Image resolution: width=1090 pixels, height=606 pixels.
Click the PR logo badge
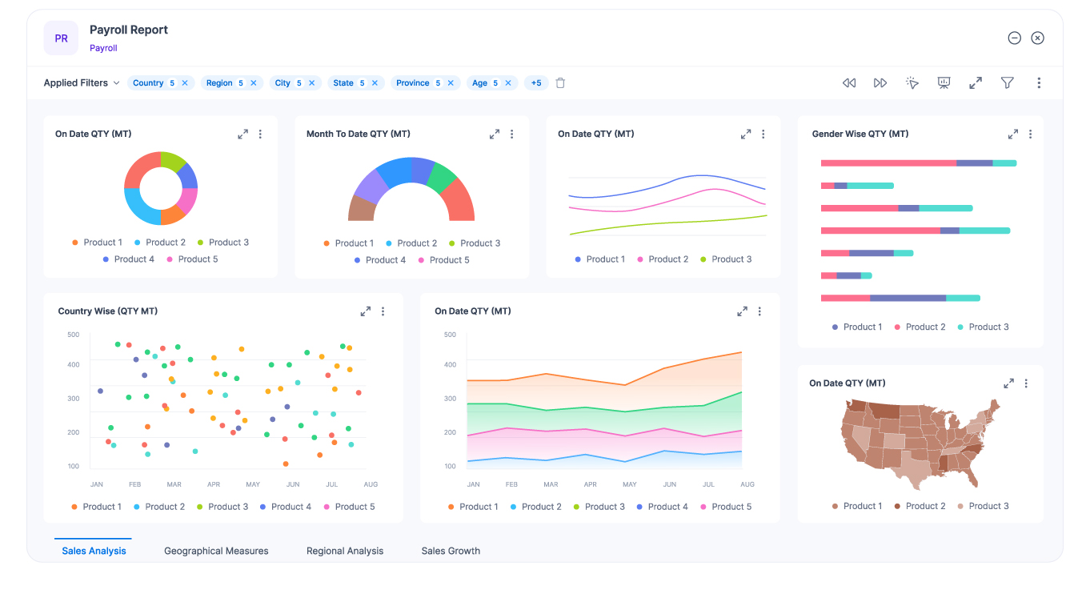tap(61, 38)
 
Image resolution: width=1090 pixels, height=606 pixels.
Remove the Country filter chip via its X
tap(185, 83)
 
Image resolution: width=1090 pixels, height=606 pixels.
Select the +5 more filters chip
tap(535, 83)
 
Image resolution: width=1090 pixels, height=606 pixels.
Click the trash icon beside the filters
tap(560, 83)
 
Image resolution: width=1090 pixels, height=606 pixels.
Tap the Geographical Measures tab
tap(216, 551)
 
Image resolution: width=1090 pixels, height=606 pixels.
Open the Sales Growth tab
tap(451, 551)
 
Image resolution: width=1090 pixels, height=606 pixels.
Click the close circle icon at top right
tap(1037, 38)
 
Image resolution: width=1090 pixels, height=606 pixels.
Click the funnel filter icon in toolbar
tap(1008, 83)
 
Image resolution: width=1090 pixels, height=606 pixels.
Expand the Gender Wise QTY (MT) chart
tap(1012, 134)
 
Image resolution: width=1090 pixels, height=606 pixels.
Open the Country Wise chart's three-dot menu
tap(383, 311)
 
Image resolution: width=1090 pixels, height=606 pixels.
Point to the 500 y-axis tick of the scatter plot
tap(73, 335)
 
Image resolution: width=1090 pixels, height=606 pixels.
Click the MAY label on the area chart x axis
tap(630, 484)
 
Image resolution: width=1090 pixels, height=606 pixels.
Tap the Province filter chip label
tap(412, 83)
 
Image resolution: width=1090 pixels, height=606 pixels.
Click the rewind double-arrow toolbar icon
tap(849, 83)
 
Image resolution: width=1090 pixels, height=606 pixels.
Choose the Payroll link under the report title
tap(103, 48)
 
